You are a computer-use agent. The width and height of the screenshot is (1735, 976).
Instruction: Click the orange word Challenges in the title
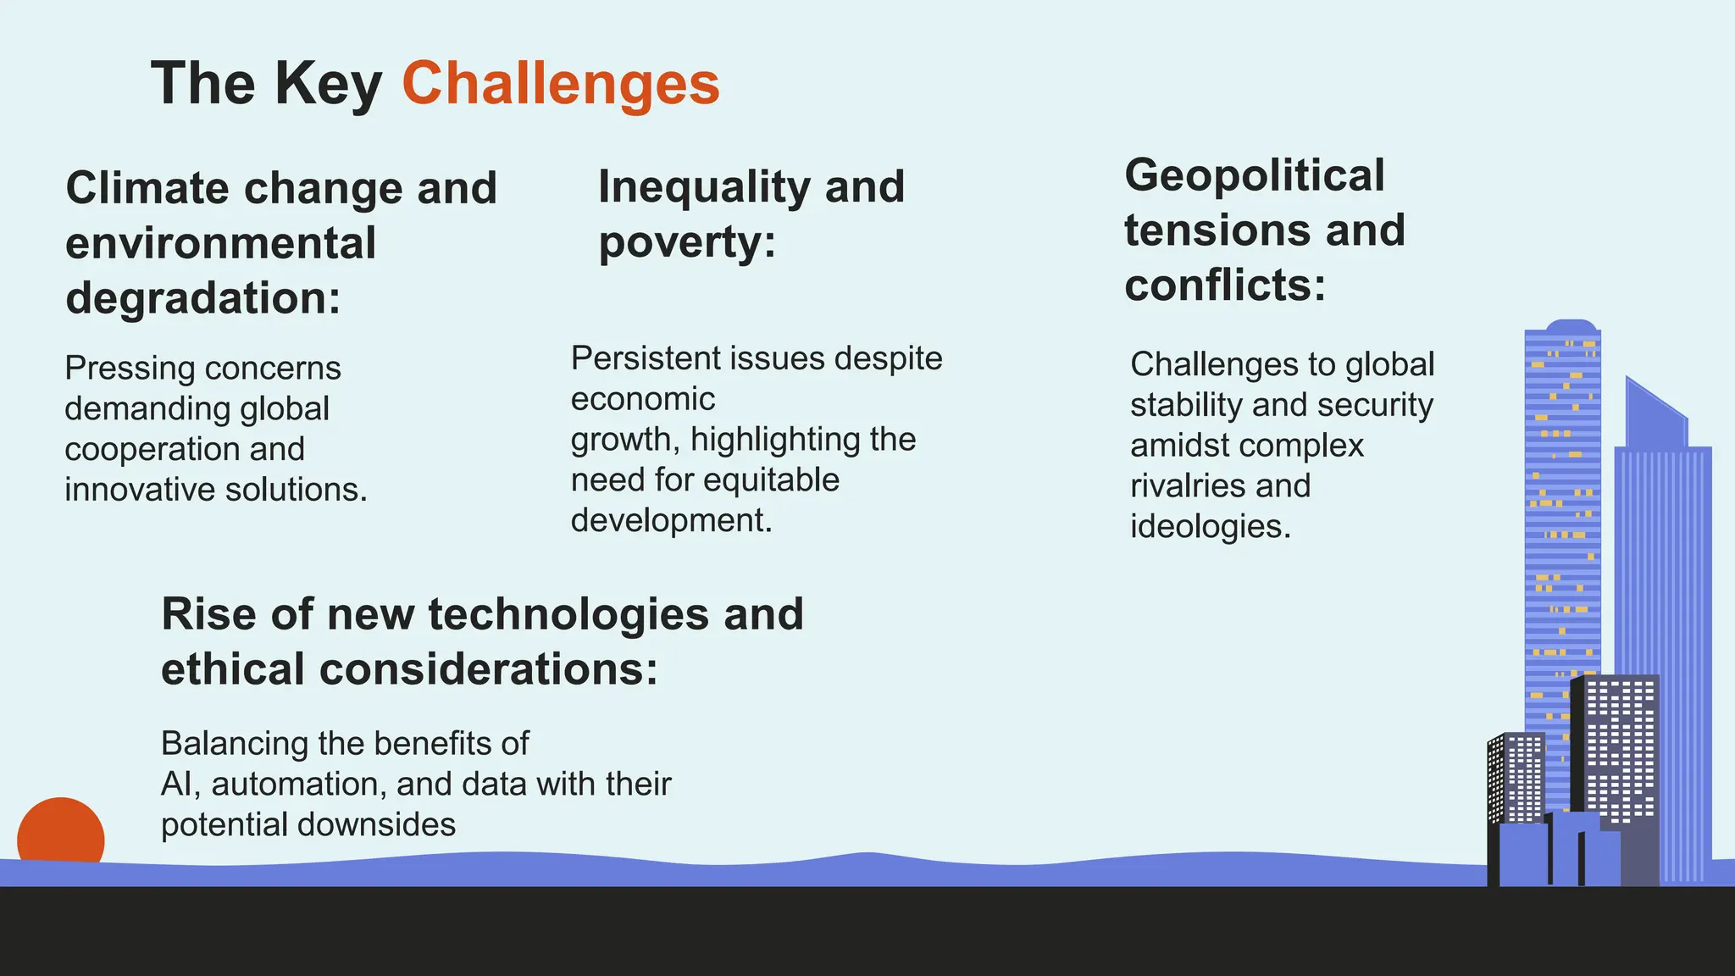coord(560,83)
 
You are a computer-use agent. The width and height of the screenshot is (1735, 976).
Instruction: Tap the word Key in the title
coord(327,83)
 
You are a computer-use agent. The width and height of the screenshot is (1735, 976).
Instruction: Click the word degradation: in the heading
coord(202,298)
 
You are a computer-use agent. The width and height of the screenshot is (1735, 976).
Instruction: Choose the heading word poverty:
coord(687,242)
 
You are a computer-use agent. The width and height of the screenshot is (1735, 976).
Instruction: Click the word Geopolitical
coord(1254,175)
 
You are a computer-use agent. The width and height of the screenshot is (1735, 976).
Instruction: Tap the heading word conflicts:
coord(1224,286)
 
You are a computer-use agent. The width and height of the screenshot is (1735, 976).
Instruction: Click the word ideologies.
coord(1210,527)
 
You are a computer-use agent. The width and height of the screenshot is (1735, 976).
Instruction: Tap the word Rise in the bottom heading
coord(208,614)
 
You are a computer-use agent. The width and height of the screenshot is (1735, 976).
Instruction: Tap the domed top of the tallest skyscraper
coord(1571,326)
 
